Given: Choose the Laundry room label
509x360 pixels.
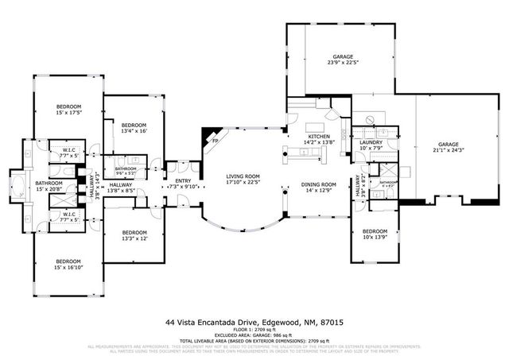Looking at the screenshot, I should (371, 144).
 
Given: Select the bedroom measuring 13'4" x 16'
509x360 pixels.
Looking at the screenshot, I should (133, 126).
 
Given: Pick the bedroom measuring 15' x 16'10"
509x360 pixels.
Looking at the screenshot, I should (68, 264).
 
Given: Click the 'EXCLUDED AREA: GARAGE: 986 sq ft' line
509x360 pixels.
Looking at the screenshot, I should (254, 336).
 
